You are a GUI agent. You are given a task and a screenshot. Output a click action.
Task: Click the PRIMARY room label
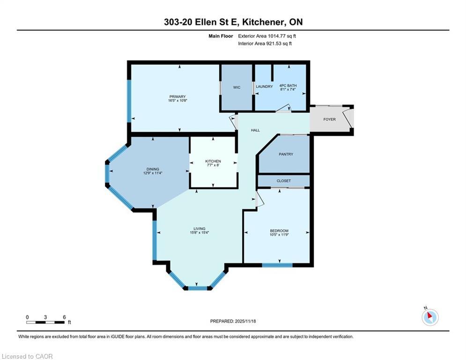[x=178, y=97]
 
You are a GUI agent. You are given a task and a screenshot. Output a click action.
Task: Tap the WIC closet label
[x=237, y=88]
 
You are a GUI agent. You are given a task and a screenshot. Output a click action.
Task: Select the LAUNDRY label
[x=264, y=87]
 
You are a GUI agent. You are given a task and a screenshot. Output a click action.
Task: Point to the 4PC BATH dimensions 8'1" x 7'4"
[x=288, y=89]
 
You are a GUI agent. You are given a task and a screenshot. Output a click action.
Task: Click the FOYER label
[x=329, y=120]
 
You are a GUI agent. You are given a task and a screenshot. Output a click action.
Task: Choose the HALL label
[x=255, y=130]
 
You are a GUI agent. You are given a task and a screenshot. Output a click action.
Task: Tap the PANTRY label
[x=286, y=154]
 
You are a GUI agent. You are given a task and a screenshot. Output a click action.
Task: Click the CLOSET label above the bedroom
[x=283, y=181]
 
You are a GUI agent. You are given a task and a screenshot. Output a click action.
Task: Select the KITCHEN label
[x=213, y=161]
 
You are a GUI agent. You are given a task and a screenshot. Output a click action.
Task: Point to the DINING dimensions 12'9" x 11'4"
[x=153, y=173]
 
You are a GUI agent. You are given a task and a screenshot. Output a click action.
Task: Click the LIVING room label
[x=200, y=229]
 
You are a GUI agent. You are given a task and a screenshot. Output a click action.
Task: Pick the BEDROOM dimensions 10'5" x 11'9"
[x=279, y=234]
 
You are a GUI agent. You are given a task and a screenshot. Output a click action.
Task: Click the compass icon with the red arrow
[x=430, y=317]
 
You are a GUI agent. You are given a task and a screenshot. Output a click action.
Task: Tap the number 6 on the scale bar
[x=64, y=317]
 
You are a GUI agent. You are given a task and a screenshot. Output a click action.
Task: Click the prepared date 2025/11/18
[x=245, y=321]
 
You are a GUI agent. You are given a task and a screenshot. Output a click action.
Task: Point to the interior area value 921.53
[x=276, y=44]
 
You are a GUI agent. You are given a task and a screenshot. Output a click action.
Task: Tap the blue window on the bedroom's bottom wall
[x=277, y=265]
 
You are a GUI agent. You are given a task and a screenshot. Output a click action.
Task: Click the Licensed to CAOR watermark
[x=27, y=356]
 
